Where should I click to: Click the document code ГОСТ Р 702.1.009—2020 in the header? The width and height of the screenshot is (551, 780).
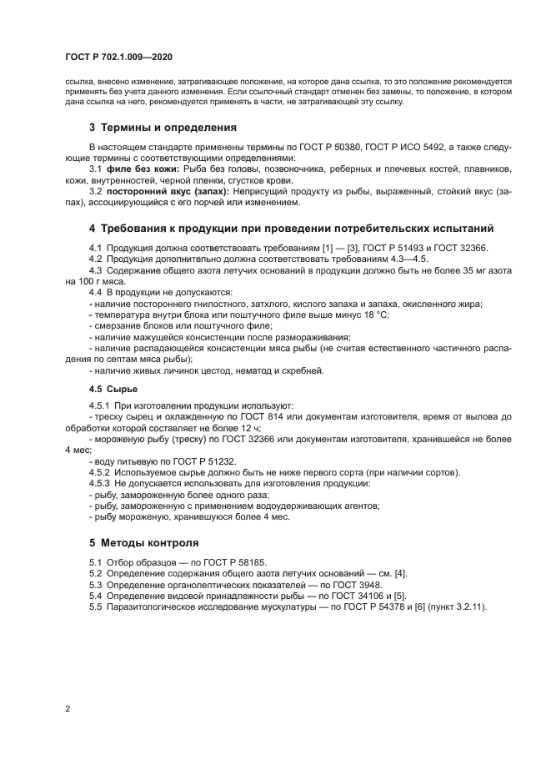tap(118, 56)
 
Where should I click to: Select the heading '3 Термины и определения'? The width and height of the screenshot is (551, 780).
tap(163, 128)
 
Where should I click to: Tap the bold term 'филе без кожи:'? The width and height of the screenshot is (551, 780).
tap(133, 169)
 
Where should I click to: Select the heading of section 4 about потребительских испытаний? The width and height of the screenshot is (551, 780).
tap(292, 228)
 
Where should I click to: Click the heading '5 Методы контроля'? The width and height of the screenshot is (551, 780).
tap(144, 542)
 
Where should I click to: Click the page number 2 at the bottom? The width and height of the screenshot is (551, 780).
tap(67, 708)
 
